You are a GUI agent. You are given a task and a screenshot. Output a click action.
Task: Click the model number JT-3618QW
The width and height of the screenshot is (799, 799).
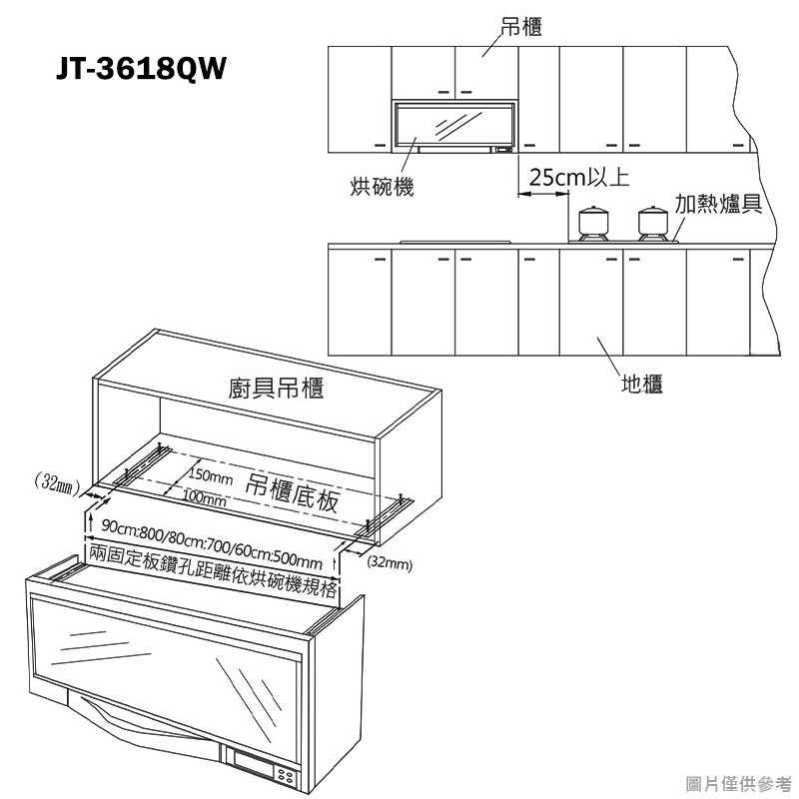coord(141,68)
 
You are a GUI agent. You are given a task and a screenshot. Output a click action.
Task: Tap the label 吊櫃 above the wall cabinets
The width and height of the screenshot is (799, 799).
coord(520,26)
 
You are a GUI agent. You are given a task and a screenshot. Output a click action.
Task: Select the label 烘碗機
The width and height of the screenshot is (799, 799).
coord(382,187)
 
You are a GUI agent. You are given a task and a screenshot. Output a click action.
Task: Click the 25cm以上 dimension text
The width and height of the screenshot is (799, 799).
coord(579,178)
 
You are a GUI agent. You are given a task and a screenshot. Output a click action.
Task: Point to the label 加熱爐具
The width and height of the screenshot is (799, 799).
coord(718,204)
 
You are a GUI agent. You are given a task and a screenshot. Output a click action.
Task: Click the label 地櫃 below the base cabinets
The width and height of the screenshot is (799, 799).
coord(641,384)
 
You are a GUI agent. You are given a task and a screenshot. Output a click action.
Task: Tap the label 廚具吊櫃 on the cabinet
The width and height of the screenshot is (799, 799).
coord(276,388)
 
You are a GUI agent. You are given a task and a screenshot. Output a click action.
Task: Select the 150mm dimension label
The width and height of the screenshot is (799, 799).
coord(211,476)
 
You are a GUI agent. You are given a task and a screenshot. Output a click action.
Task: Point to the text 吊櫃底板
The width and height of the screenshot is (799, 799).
coord(292,492)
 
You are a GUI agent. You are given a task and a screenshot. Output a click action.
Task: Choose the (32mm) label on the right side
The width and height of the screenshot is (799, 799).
coord(390,563)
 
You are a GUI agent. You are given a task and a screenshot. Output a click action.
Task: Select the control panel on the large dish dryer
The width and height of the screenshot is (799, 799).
coord(265,767)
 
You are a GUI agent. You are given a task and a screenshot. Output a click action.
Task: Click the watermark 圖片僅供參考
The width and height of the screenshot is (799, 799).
coord(738,784)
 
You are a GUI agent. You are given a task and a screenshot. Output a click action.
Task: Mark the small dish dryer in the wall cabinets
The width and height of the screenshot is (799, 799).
coord(453,126)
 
